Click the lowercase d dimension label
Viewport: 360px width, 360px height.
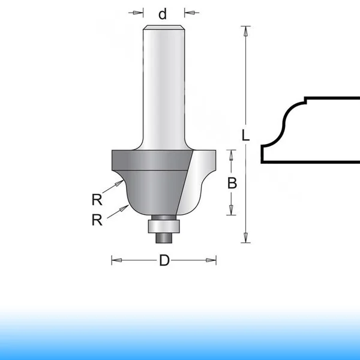[163, 14]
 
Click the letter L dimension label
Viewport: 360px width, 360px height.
[245, 135]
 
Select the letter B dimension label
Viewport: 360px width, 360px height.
[232, 183]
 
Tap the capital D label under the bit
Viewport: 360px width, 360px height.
[164, 260]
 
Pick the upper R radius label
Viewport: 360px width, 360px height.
[97, 200]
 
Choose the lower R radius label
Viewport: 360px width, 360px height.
[97, 220]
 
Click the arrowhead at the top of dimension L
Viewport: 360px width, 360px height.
[245, 31]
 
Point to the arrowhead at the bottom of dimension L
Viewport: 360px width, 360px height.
[245, 238]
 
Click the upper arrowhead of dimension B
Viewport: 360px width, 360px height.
[231, 155]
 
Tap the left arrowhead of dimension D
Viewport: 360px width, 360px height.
[117, 260]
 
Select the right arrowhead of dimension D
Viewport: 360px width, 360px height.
[211, 260]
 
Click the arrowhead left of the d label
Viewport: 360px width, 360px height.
[138, 13]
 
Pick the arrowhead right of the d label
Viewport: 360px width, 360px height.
[190, 13]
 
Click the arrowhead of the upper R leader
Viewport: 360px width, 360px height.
[119, 183]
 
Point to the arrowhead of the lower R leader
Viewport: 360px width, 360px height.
[124, 208]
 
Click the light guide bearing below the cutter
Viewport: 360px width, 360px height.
[164, 227]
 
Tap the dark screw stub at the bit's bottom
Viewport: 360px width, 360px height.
[164, 238]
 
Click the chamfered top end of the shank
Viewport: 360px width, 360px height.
[164, 28]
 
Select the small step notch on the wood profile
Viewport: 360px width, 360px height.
[305, 100]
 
